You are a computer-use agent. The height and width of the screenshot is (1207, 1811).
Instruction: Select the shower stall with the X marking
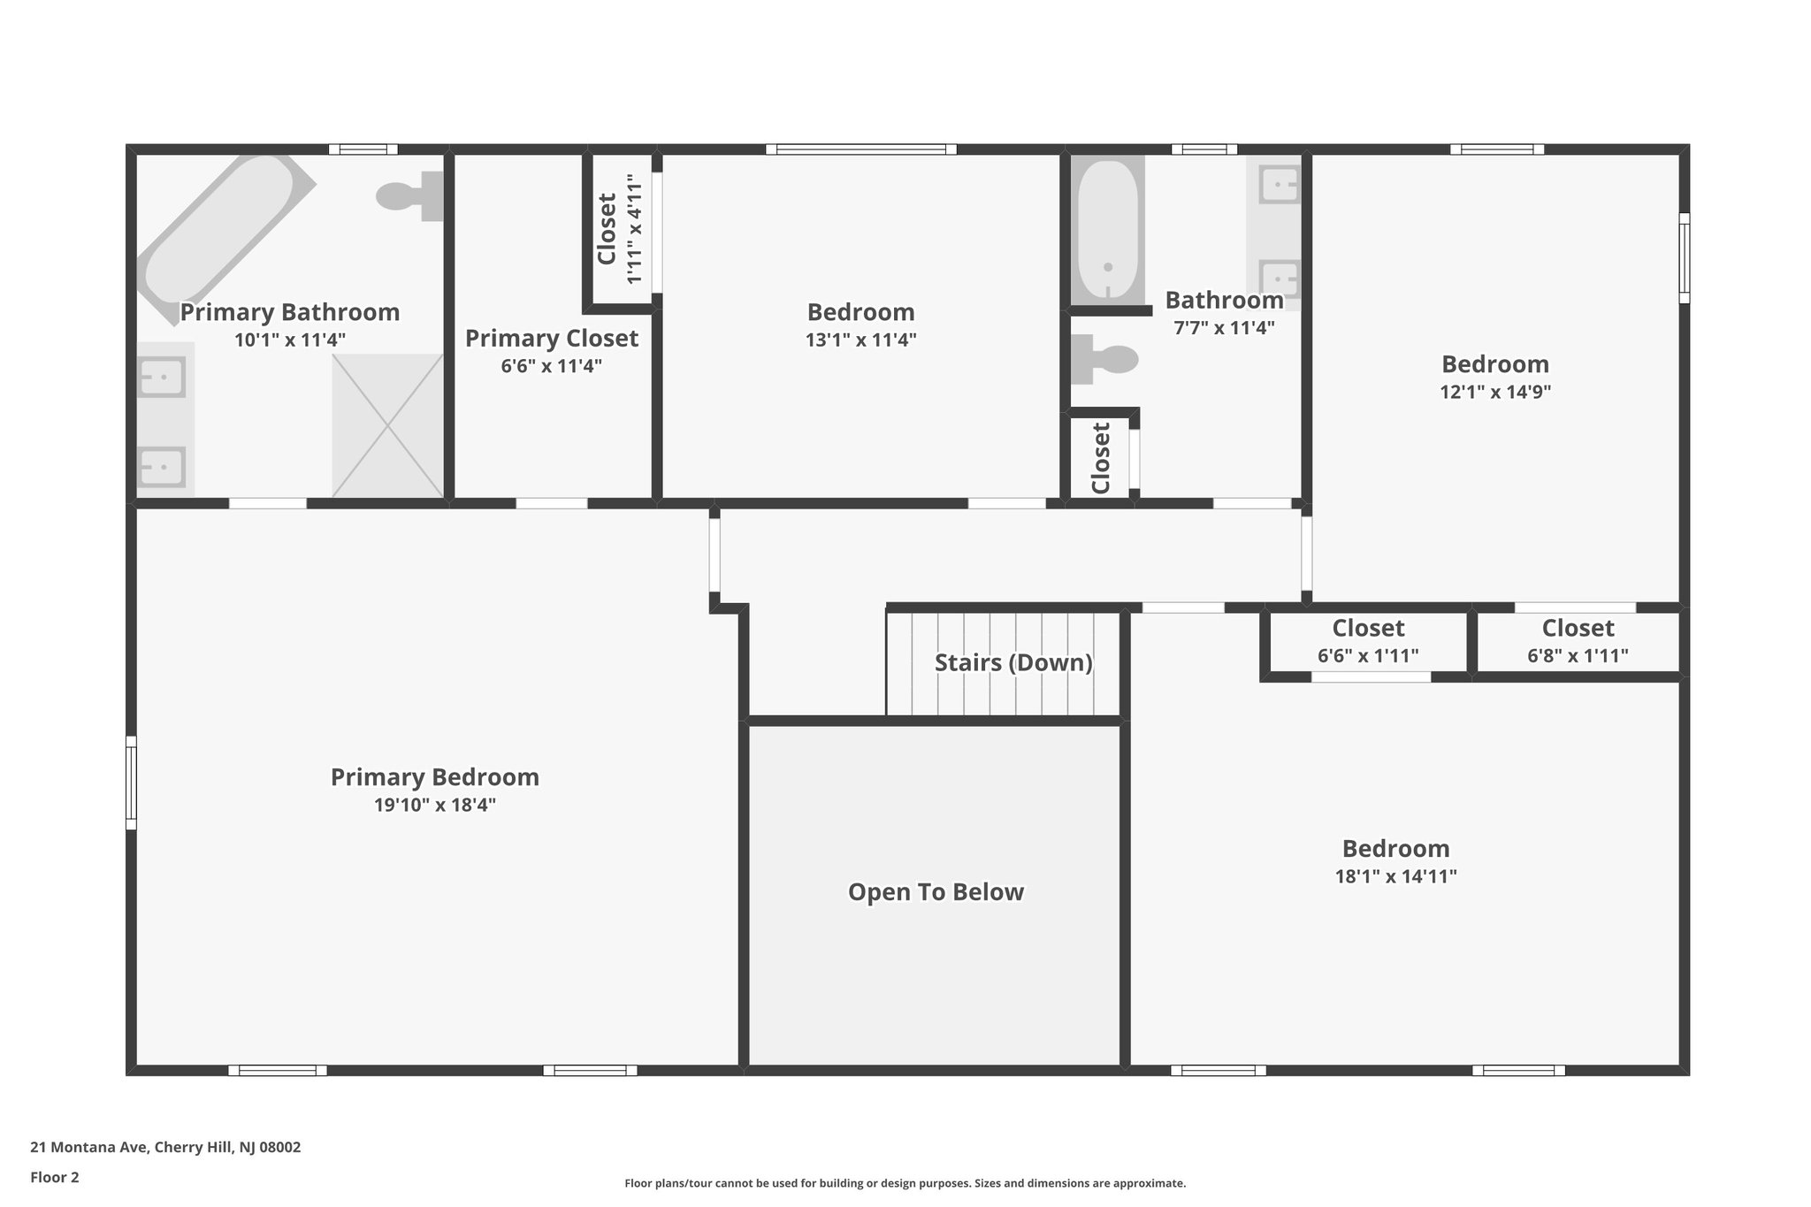(x=387, y=425)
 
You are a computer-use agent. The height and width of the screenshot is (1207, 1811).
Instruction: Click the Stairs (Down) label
(x=1013, y=662)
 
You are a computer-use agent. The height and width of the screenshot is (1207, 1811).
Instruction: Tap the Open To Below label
(x=936, y=891)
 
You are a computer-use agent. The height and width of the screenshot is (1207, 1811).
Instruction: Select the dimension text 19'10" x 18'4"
(x=434, y=805)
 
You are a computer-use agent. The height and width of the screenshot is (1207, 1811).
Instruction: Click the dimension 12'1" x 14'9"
(x=1494, y=392)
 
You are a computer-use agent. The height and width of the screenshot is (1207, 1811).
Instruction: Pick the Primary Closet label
(x=551, y=339)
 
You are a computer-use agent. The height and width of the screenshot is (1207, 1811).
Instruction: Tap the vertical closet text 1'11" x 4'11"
(x=634, y=229)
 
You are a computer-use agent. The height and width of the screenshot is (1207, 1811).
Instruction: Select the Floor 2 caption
(x=55, y=1177)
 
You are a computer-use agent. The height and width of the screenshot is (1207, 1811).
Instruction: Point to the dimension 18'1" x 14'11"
(x=1395, y=876)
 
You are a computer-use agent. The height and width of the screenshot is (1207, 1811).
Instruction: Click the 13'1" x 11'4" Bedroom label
(x=860, y=312)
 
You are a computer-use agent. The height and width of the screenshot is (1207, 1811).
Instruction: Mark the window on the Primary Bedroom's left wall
(x=131, y=783)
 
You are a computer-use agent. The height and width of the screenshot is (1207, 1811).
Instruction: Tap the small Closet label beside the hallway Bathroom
(x=1101, y=458)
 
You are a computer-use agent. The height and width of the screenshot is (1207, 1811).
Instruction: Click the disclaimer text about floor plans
(x=905, y=1183)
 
